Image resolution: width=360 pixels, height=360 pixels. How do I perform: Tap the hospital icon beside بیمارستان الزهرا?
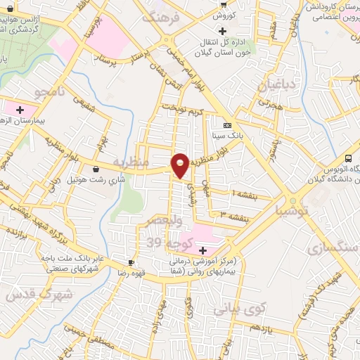[x=20, y=110]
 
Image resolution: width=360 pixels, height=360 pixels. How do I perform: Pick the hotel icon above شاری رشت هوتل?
[x=96, y=169]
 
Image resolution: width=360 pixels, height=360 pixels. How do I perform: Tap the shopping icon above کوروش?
[x=223, y=4]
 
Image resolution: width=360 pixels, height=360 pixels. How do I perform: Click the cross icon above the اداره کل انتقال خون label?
[x=223, y=30]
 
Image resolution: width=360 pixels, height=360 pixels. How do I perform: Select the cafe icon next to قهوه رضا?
[x=131, y=261]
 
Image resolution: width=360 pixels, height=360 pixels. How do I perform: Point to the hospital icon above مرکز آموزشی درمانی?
[x=202, y=250]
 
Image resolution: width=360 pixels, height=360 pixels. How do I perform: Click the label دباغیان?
[x=271, y=86]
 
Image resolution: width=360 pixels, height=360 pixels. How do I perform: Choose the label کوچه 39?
[x=164, y=243]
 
